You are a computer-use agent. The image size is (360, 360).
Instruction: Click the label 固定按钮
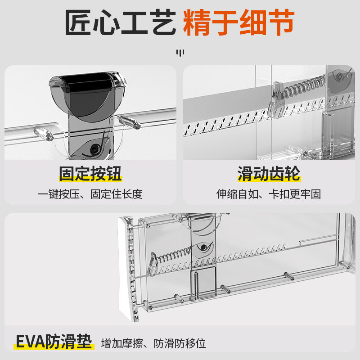[x=90, y=174]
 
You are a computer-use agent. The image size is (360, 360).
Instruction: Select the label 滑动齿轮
[x=269, y=174]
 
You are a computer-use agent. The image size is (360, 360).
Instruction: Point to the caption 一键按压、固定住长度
[x=90, y=194]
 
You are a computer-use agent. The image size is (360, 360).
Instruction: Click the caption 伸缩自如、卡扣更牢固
[x=269, y=194]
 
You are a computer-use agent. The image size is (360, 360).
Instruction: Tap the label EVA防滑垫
[x=54, y=342]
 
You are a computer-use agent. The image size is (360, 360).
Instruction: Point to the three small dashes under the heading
[x=180, y=53]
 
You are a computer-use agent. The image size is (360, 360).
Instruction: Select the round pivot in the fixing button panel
[x=95, y=148]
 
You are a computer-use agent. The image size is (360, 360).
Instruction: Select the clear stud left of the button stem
[x=42, y=134]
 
